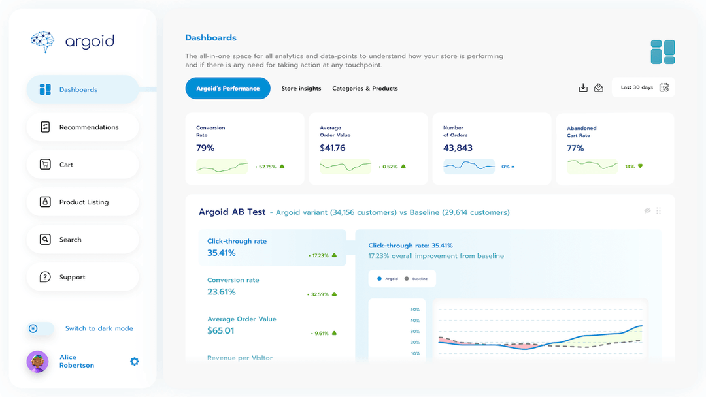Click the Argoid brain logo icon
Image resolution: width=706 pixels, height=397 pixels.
coord(43,41)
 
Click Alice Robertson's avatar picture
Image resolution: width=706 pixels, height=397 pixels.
coord(37,361)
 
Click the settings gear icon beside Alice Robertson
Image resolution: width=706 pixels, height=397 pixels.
coord(135,361)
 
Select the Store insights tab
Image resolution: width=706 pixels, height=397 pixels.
coord(301,89)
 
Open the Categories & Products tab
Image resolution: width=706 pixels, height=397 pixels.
coord(365,89)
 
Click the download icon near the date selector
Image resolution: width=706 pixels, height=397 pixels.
coord(583,87)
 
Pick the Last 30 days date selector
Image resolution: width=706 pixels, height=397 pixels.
coord(643,87)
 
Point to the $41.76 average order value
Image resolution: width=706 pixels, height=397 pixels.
coord(333,148)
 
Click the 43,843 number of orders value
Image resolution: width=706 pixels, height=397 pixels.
coord(458,148)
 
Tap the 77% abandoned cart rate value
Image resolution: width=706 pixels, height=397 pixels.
coord(575,148)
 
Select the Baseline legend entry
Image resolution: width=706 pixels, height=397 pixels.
coord(416,279)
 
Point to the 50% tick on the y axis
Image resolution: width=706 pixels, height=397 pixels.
coord(414,310)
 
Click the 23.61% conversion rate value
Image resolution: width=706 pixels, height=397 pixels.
coord(222,292)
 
